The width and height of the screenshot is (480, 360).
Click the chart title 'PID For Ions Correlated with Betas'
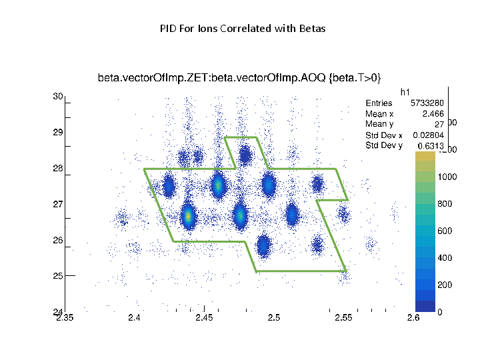pos(243,29)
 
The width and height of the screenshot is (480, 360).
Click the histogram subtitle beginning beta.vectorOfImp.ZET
pos(239,78)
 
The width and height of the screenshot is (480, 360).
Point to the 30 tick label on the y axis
pos(57,97)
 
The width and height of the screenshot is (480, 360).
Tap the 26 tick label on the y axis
pos(57,240)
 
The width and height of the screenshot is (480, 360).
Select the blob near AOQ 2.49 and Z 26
pos(263,245)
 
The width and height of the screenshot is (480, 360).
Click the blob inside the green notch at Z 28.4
pos(245,157)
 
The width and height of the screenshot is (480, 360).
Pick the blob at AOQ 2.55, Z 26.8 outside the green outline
pos(343,214)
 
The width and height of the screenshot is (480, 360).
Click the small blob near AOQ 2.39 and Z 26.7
pos(123,217)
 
